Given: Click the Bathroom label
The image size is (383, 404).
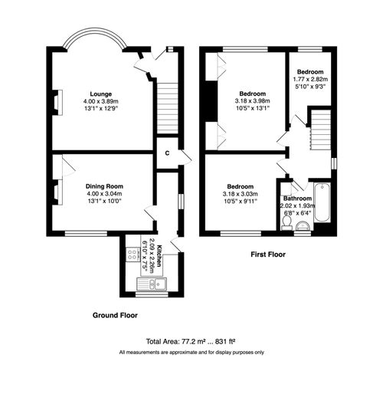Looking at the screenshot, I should pos(296,199).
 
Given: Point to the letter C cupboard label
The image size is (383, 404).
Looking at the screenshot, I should pos(167,153).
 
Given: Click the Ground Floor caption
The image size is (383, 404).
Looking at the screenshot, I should pos(115,315).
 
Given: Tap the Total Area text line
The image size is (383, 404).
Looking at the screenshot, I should pos(191,341).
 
